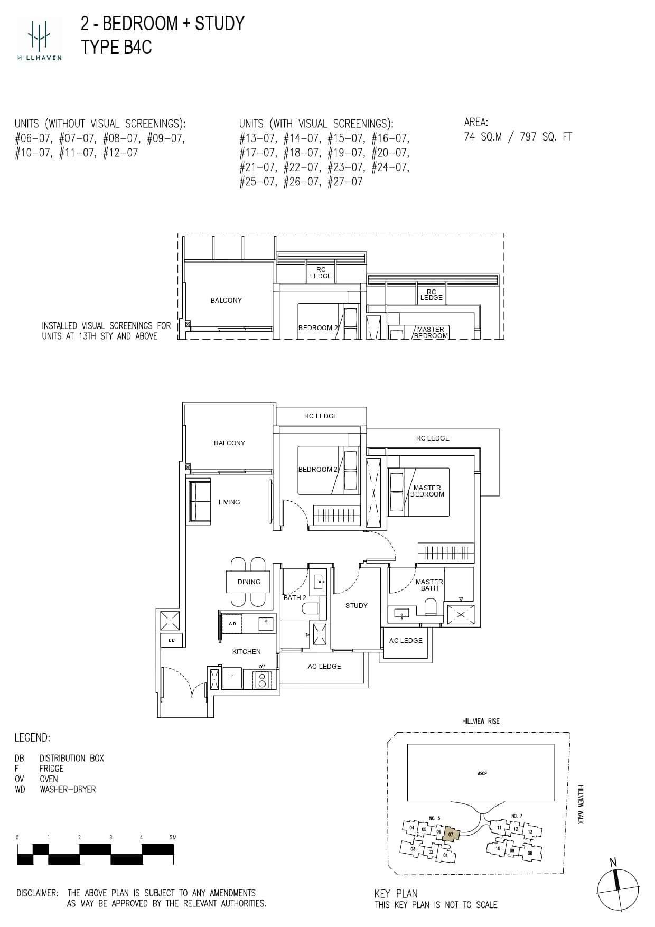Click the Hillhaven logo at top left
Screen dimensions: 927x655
point(39,38)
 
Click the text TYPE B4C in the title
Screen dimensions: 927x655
point(116,47)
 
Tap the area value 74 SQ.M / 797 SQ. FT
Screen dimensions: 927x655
point(518,137)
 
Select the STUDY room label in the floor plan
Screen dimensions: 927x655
point(356,606)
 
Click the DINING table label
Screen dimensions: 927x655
point(249,582)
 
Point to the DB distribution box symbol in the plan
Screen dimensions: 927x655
point(172,640)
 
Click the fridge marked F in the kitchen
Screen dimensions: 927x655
point(231,677)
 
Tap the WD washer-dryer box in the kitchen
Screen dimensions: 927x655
point(232,624)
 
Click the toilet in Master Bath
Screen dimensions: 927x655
point(431,607)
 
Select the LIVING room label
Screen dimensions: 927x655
point(229,502)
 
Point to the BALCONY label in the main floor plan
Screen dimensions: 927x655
point(229,443)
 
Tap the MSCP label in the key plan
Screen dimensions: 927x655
point(482,773)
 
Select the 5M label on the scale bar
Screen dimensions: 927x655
point(173,837)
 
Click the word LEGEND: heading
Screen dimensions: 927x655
point(32,738)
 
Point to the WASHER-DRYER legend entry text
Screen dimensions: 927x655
point(68,790)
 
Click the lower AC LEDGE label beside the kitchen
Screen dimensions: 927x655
point(324,667)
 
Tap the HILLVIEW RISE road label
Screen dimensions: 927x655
point(480,721)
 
